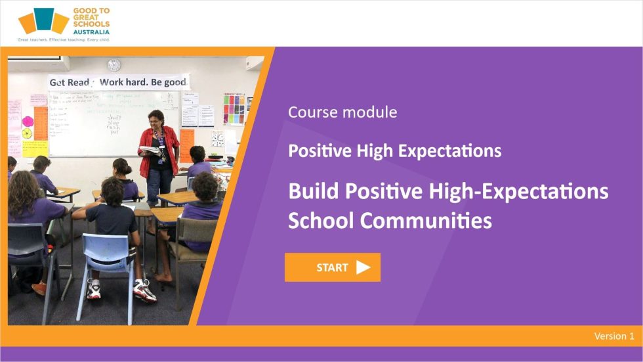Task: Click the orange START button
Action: (x=332, y=267)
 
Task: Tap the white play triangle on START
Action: (x=363, y=267)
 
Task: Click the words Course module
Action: (x=342, y=112)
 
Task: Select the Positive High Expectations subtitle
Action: (x=394, y=150)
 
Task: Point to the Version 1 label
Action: (x=613, y=336)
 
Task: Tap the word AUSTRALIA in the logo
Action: (x=91, y=32)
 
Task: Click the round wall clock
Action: (x=114, y=65)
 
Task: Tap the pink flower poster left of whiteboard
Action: (x=28, y=122)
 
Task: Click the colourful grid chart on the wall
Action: (x=234, y=108)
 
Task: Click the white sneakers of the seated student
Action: (x=144, y=290)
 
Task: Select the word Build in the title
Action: (x=314, y=191)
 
